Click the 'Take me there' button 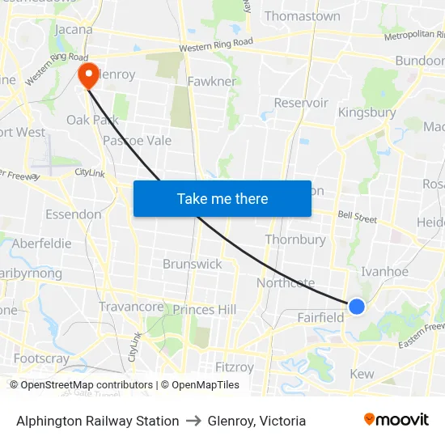coord(222,199)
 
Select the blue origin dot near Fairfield coord(356,306)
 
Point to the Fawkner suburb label coord(211,82)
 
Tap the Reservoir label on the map coord(301,103)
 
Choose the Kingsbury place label coord(367,112)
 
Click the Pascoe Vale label coord(137,140)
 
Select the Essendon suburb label coord(74,214)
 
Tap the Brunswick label coord(192,264)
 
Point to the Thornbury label coord(295,239)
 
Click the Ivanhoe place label coord(384,272)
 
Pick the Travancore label coord(131,307)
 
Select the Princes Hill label coord(205,309)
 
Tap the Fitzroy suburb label coord(234,367)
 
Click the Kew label coord(361,374)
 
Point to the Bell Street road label coord(357,218)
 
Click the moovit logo coord(396,420)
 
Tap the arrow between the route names coord(193,421)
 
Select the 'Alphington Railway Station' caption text coord(98,421)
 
